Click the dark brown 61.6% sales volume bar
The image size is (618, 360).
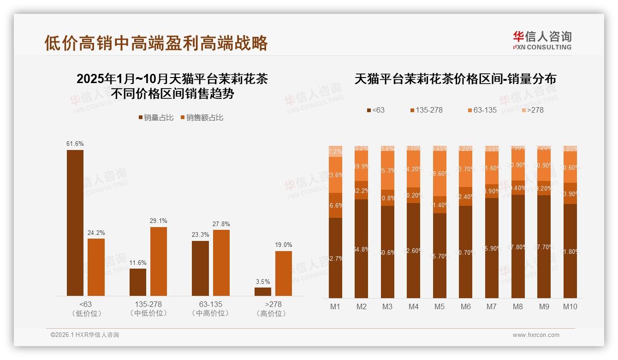tap(75, 222)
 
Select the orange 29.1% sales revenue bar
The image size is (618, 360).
tap(158, 261)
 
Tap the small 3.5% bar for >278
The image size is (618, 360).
tap(263, 292)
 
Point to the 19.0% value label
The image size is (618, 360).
tap(284, 245)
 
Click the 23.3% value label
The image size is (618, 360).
tap(200, 235)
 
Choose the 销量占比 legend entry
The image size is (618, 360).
tap(156, 118)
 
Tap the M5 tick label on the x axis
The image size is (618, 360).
tap(440, 306)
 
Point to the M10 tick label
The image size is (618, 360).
tap(570, 306)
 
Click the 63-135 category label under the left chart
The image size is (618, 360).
tap(210, 305)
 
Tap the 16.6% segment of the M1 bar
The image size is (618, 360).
tap(336, 205)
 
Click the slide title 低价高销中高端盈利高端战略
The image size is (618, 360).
tap(156, 43)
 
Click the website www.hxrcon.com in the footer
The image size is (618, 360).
tap(536, 335)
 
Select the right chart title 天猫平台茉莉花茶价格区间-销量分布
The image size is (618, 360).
tap(455, 79)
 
